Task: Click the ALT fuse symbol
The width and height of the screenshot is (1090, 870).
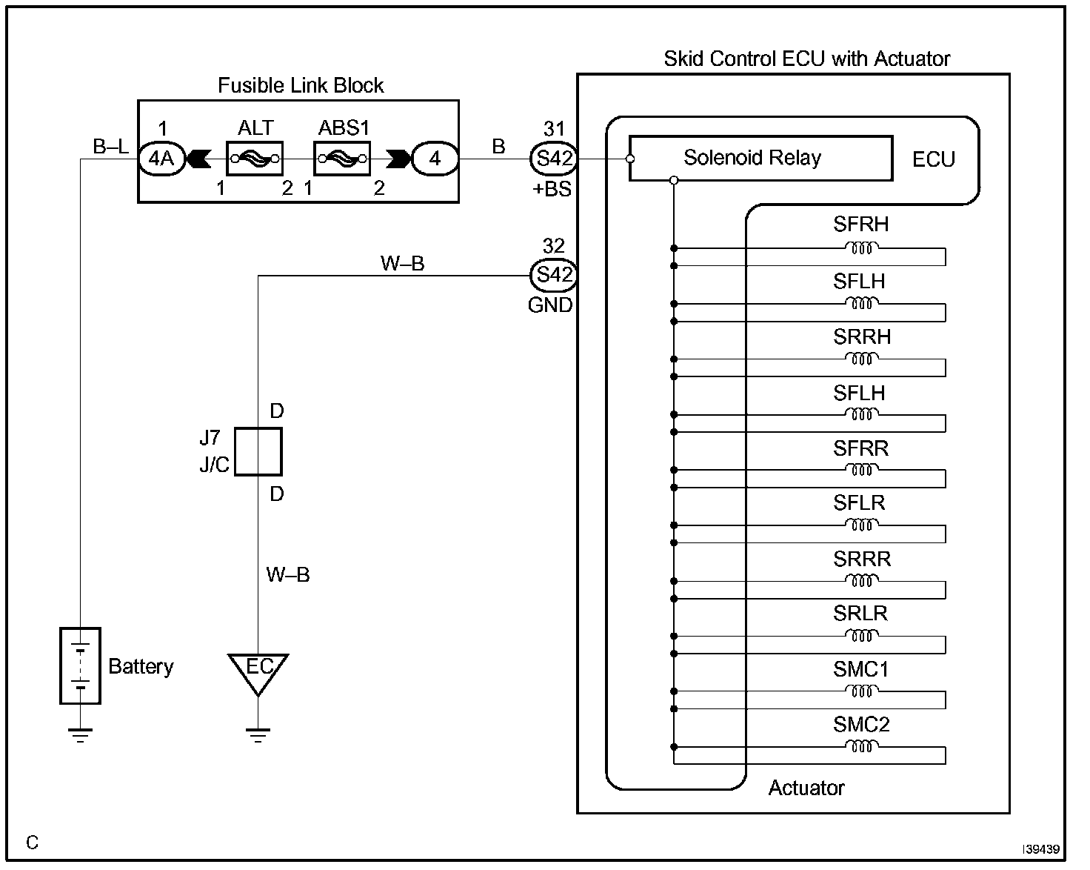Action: click(255, 158)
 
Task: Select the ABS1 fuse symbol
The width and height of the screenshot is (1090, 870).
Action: click(342, 158)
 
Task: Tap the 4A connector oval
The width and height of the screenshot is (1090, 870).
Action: click(161, 158)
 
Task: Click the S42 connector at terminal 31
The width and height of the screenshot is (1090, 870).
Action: click(554, 158)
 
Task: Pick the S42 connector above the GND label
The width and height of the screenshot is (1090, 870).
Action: click(554, 276)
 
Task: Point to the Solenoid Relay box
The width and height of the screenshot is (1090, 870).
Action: click(760, 158)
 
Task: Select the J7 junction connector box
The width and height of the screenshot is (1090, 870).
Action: click(258, 451)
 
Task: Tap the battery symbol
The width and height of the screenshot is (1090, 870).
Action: click(80, 665)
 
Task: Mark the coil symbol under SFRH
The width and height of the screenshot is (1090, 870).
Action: click(861, 248)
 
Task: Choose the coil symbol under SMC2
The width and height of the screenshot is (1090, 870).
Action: click(861, 746)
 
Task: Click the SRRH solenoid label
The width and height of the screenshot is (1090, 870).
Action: click(861, 337)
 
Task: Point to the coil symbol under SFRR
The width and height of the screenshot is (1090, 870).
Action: click(861, 469)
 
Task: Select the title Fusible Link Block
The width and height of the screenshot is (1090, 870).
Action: click(301, 86)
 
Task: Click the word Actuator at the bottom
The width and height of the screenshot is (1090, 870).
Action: click(806, 788)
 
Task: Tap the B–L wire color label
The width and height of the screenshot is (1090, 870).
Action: click(110, 147)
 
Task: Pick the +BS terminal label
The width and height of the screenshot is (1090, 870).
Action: click(552, 190)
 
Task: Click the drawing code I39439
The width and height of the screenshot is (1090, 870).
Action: click(1042, 849)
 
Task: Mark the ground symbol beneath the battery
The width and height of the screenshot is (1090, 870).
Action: click(80, 734)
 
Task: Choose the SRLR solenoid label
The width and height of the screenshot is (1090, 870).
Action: click(860, 614)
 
